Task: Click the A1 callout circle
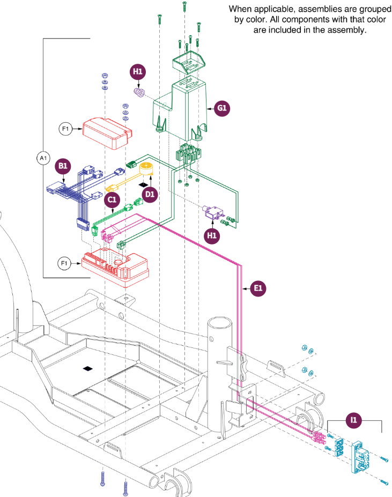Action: pos(43,158)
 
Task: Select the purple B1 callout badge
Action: pos(63,166)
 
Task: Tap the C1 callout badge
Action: pos(112,199)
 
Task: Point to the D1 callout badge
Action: pos(150,194)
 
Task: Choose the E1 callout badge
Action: pos(258,288)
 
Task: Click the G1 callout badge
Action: pos(222,108)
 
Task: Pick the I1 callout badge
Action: pos(353,420)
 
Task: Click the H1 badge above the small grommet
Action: pos(138,72)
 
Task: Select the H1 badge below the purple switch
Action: pos(211,235)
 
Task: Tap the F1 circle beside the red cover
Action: pos(65,129)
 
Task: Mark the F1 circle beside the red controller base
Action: pos(64,263)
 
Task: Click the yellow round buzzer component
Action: pos(147,169)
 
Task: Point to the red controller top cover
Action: pos(107,133)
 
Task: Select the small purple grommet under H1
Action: pos(139,92)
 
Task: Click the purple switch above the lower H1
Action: pos(213,212)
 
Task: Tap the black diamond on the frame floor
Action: pos(88,368)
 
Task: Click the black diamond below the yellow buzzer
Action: pos(143,184)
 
